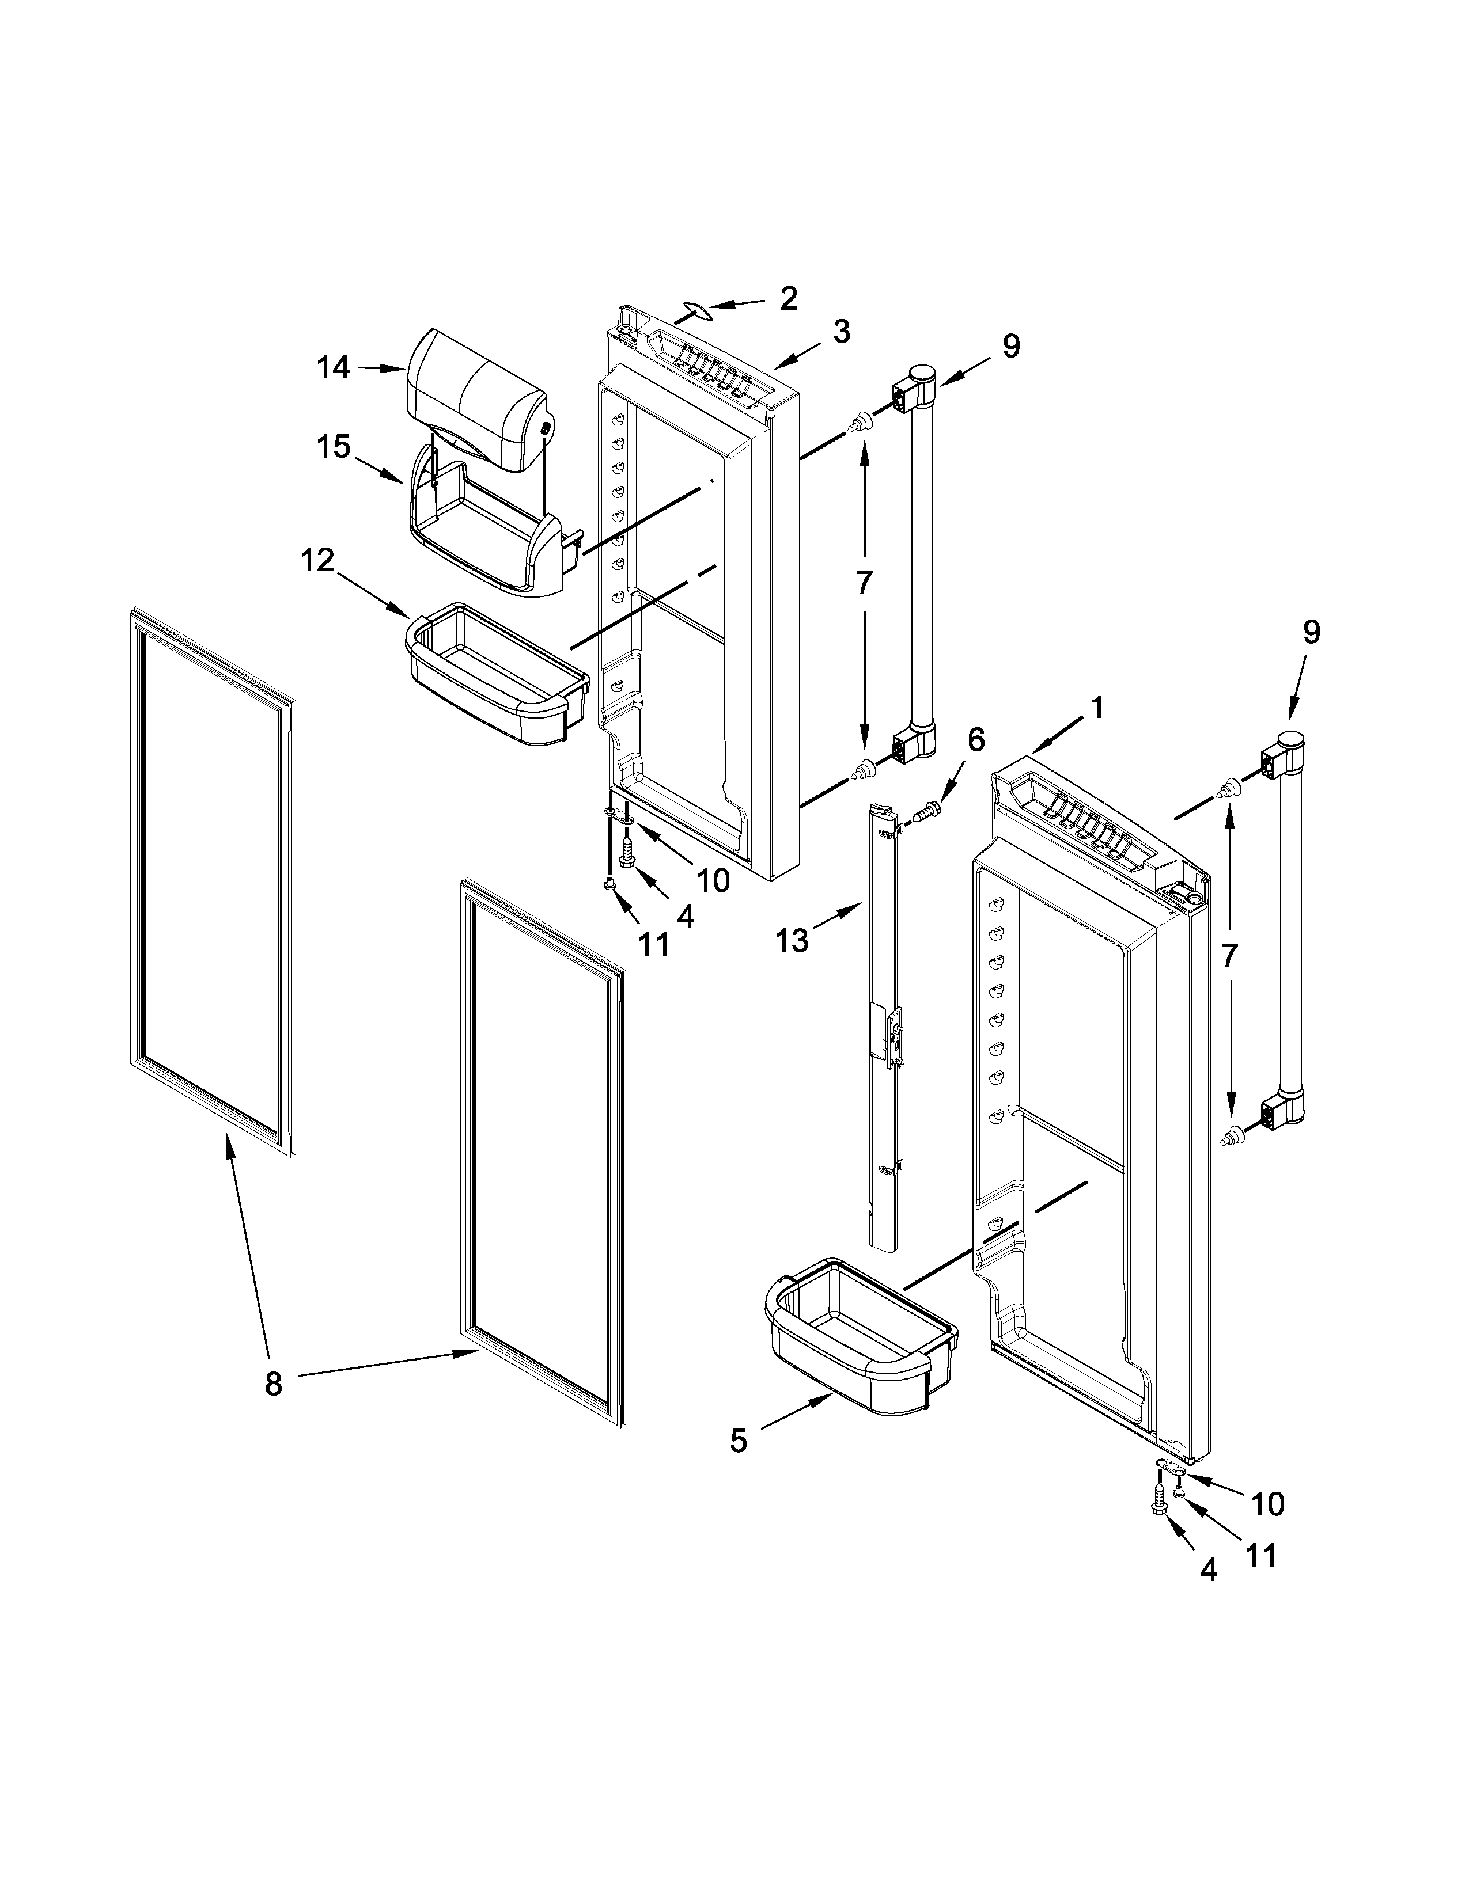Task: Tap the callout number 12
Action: (317, 561)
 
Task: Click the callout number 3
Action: (840, 332)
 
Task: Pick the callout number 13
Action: (792, 940)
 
